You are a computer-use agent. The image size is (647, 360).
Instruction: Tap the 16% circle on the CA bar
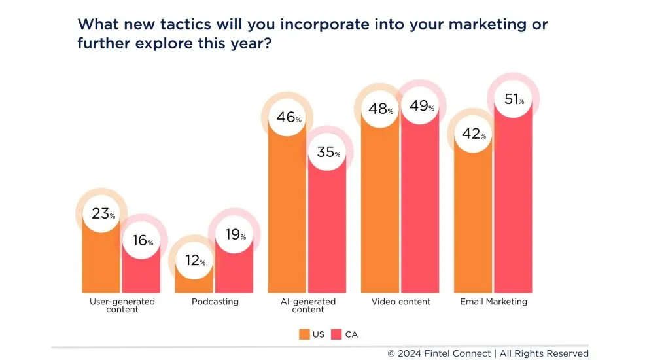click(141, 240)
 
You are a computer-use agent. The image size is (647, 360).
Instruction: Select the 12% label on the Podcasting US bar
click(194, 261)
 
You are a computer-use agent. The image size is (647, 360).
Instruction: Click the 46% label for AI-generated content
click(288, 118)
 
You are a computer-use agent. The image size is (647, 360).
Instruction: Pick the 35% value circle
click(328, 153)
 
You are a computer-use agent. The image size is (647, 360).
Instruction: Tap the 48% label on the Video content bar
click(380, 109)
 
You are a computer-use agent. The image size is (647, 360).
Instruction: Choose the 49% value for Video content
click(421, 107)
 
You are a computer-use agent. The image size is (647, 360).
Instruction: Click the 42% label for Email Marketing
click(474, 135)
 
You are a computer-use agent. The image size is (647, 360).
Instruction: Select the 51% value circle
click(514, 100)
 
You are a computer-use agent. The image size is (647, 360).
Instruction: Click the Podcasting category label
click(215, 302)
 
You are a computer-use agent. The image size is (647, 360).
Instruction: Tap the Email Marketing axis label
click(494, 302)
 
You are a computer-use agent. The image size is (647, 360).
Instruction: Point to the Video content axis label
click(401, 302)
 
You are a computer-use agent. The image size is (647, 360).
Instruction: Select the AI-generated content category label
click(307, 306)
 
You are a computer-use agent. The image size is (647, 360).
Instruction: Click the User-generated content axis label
click(122, 306)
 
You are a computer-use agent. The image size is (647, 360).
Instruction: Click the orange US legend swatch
click(304, 334)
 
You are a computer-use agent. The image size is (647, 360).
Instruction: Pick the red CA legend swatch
click(337, 334)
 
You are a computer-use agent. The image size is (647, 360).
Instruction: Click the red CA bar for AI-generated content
click(328, 229)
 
